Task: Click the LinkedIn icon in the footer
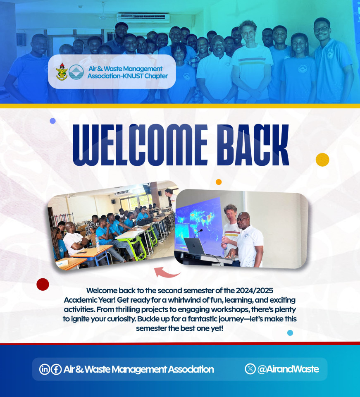tap(44, 369)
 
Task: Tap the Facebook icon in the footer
tap(56, 369)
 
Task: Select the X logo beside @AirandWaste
tap(250, 368)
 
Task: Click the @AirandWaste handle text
tap(288, 369)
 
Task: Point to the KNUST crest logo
tap(62, 72)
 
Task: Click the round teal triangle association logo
tap(76, 72)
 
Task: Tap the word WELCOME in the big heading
tap(140, 145)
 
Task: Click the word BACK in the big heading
tap(253, 145)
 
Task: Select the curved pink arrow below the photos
tap(167, 273)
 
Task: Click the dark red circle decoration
tap(43, 285)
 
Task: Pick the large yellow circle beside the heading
tap(322, 160)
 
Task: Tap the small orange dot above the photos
tap(219, 182)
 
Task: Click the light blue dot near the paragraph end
tap(290, 332)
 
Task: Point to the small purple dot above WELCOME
tap(52, 121)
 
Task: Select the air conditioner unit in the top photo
tap(143, 18)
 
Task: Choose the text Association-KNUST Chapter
tap(127, 76)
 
